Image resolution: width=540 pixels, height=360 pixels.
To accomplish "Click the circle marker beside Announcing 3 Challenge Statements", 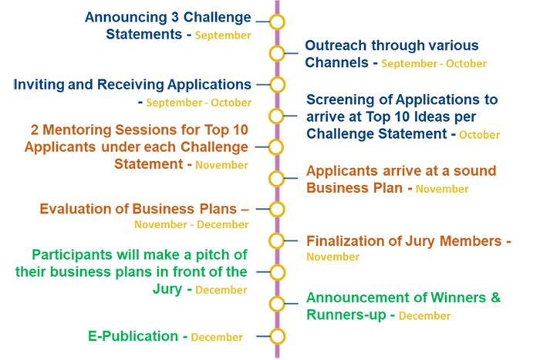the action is [277, 15].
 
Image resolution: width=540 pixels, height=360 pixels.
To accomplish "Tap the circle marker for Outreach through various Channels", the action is [277, 45].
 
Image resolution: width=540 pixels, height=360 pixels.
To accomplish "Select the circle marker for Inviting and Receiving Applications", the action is [277, 77].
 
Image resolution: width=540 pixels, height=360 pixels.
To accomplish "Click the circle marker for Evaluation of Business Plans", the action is [277, 201].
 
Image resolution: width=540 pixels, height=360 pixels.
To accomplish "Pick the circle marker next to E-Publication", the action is [277, 328].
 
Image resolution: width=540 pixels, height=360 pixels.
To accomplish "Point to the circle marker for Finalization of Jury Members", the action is [276, 233].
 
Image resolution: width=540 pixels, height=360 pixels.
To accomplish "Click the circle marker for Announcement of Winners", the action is [276, 296].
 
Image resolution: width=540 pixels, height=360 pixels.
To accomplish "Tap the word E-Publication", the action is [133, 336].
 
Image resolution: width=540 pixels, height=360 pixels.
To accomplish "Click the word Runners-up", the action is [346, 315].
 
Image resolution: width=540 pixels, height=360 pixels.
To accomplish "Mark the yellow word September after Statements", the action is [223, 35].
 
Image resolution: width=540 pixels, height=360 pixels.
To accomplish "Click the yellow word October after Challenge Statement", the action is [479, 135].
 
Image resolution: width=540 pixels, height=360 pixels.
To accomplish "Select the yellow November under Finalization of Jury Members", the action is [333, 257].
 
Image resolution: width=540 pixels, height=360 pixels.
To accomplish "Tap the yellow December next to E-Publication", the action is [217, 337].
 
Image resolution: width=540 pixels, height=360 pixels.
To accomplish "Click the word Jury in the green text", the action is [167, 290].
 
